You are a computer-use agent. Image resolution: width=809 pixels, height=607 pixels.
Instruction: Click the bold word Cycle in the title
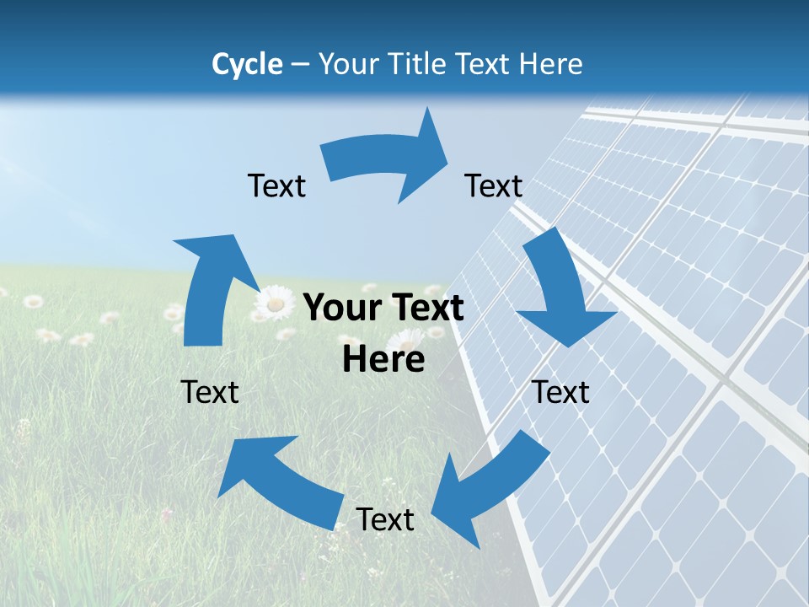point(247,64)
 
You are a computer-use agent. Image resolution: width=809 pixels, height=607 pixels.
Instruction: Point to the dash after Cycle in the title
point(299,65)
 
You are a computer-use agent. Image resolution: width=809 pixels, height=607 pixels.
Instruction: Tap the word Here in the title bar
point(551,64)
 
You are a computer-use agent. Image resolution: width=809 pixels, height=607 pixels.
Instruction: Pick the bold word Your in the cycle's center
point(340,309)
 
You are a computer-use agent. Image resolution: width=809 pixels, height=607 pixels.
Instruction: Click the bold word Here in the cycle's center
point(383,359)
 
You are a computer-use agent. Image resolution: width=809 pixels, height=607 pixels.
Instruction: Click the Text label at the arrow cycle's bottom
point(385,519)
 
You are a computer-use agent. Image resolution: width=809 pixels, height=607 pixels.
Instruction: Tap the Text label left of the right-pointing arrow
point(276,185)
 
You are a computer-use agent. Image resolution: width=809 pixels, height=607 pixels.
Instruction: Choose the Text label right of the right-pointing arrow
point(494,185)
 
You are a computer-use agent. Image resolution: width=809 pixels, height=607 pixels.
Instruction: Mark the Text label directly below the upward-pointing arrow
point(210,391)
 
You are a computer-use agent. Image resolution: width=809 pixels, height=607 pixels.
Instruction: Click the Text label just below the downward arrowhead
point(560,391)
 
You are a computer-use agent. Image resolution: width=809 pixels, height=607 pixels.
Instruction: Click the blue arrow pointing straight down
point(561,287)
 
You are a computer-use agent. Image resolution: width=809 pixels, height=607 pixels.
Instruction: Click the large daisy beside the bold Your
point(274,303)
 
